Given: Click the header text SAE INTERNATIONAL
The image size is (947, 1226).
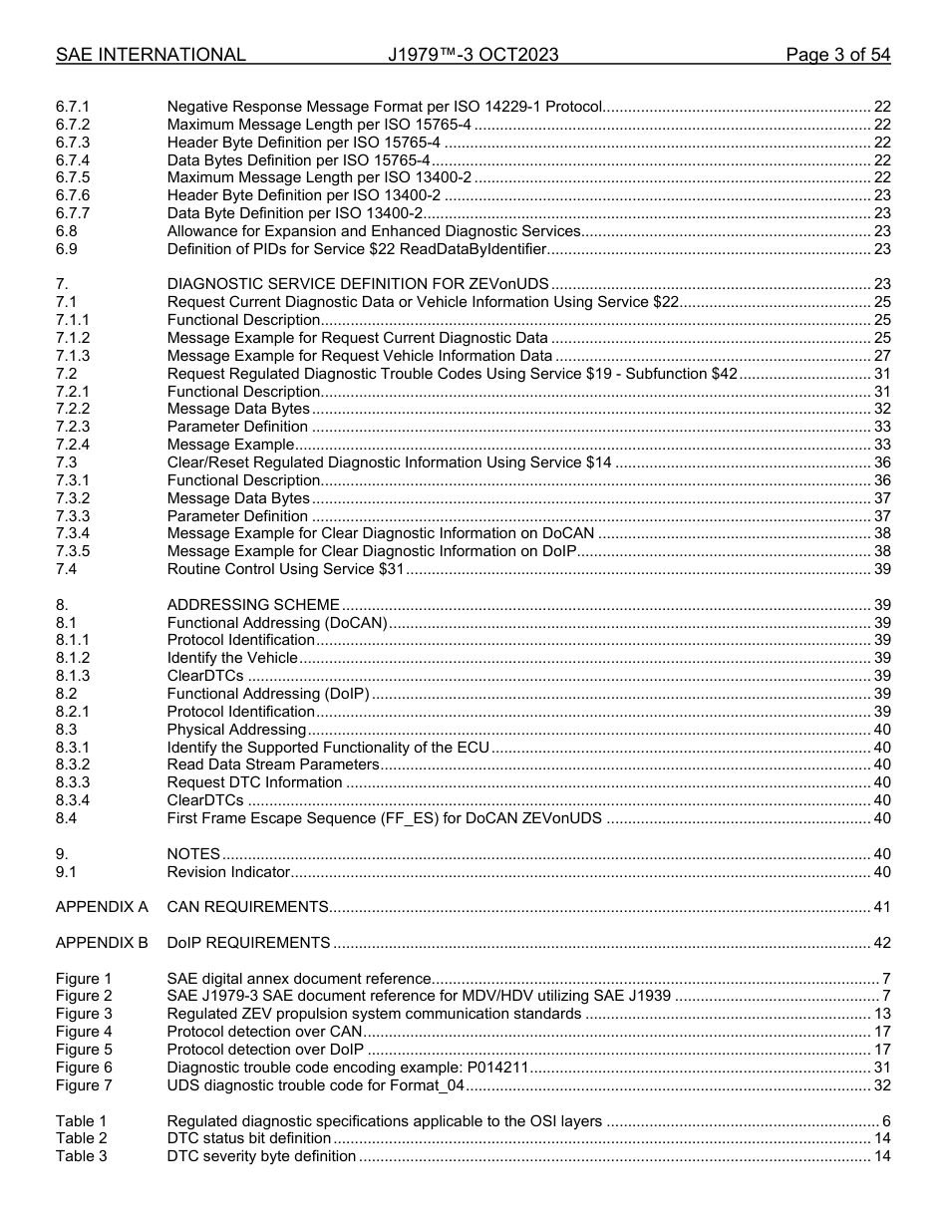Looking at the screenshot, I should [151, 55].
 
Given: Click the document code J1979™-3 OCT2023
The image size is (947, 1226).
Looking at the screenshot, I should [473, 55].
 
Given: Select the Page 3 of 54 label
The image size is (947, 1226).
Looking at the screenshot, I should [837, 55].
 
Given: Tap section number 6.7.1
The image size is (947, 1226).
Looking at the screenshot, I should [73, 106].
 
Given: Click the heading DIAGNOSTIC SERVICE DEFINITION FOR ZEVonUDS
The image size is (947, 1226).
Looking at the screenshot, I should [358, 284].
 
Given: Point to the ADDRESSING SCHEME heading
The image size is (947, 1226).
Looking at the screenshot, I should [253, 604].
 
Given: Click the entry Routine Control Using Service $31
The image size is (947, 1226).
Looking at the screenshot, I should [285, 569].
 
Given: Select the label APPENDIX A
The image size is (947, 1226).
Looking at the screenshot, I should [102, 907].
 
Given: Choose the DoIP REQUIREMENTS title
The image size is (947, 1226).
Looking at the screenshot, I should [248, 943].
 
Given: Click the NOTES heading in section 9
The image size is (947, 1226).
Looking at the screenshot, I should [193, 854].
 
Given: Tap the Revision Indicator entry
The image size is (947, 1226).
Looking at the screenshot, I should [228, 872].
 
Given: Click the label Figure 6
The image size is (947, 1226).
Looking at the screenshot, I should [84, 1068].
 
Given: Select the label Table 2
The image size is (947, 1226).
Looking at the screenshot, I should [81, 1138].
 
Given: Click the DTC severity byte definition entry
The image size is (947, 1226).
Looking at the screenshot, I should [261, 1156].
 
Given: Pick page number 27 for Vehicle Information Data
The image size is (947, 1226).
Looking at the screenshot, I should [881, 356].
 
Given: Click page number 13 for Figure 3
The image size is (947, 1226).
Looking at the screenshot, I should [881, 1014].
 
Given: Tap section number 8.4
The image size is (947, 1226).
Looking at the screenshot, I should [67, 818].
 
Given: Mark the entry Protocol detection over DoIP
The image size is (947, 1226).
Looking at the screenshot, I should [265, 1050].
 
